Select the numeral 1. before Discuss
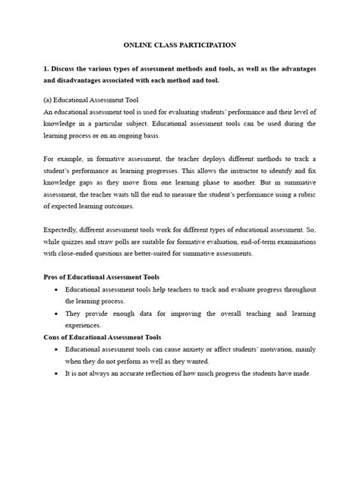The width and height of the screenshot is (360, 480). [x=46, y=69]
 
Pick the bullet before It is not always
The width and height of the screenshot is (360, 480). [x=58, y=374]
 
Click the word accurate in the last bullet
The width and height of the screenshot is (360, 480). [x=137, y=374]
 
